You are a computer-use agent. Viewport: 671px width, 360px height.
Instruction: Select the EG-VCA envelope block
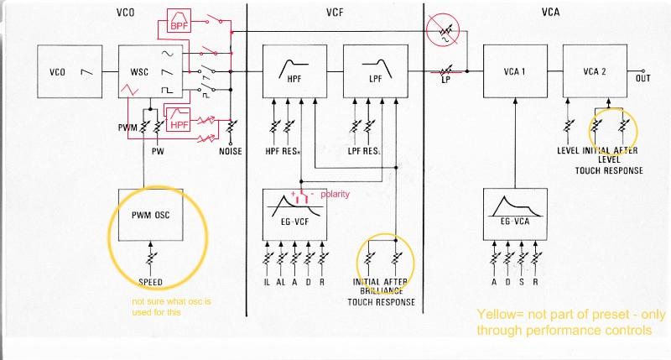pos(513,216)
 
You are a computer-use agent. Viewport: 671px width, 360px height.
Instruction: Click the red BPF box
pos(179,24)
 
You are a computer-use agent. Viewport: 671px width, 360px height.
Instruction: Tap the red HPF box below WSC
pos(179,123)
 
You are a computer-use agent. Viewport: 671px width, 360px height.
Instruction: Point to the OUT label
pos(644,79)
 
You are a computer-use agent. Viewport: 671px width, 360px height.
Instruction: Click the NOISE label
pos(231,153)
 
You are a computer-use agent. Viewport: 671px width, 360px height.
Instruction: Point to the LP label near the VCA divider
pos(447,81)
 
